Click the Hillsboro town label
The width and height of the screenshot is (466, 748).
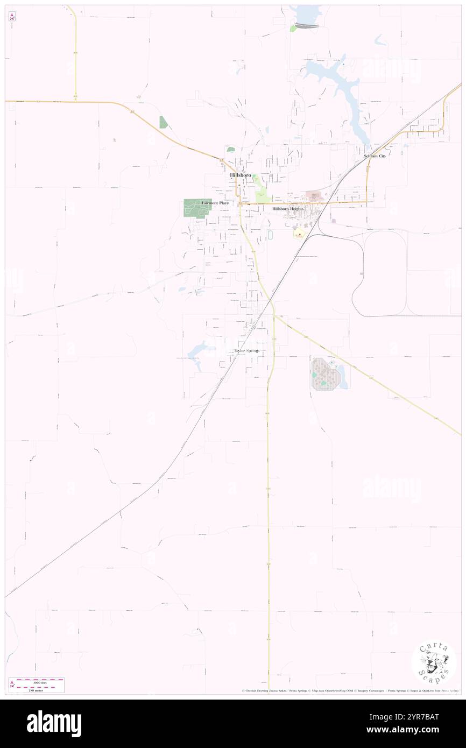click(x=240, y=175)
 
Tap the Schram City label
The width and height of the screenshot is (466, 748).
click(x=375, y=156)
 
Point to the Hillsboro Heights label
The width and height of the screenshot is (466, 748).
click(x=288, y=208)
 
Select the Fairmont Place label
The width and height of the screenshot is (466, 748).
click(x=215, y=203)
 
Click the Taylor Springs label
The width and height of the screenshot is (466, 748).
click(x=246, y=351)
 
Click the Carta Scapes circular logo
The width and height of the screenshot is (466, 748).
click(x=434, y=664)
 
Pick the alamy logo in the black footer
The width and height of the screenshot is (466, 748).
click(x=54, y=724)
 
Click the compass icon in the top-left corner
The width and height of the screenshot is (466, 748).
click(x=12, y=17)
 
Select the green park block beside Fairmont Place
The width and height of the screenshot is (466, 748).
click(x=193, y=207)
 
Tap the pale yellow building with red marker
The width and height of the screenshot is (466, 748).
click(x=298, y=234)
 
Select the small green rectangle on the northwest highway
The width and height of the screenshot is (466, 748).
click(x=163, y=122)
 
